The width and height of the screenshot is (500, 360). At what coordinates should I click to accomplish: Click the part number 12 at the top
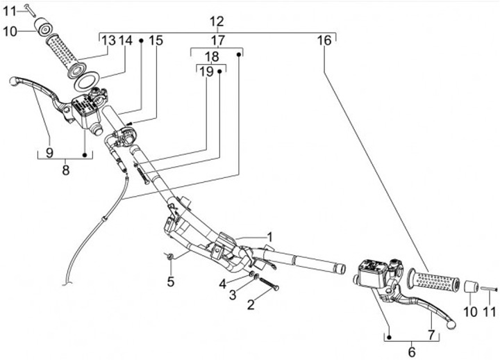[x=217, y=21]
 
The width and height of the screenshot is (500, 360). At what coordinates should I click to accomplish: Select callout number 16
[x=324, y=41]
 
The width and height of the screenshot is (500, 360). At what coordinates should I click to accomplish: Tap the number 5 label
[x=169, y=282]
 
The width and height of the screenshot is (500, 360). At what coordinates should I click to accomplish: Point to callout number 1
[x=270, y=237]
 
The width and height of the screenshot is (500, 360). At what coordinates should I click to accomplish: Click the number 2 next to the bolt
[x=251, y=304]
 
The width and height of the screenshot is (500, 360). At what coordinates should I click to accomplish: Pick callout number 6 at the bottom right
[x=412, y=352]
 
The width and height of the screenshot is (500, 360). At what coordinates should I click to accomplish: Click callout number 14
[x=125, y=41]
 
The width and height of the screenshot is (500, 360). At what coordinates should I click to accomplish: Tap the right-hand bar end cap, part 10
[x=472, y=287]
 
